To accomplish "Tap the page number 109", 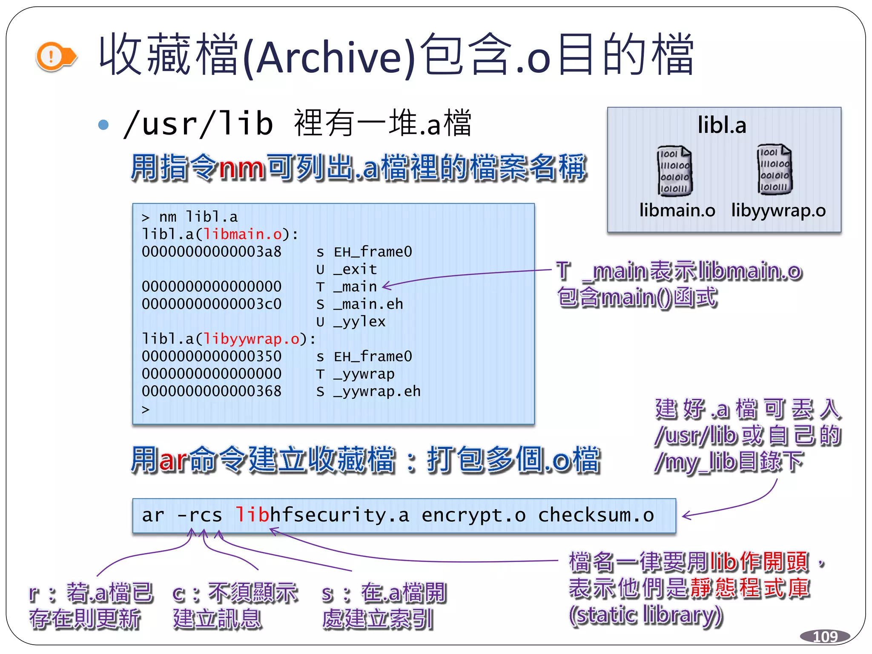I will (825, 637).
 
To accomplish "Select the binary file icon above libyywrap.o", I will (774, 169).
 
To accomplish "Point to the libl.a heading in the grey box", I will (722, 125).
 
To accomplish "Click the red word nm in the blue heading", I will (241, 168).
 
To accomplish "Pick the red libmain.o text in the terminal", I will (243, 234).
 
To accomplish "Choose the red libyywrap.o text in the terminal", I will (252, 339).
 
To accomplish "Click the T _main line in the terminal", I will (347, 287).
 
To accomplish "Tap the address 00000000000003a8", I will (212, 252).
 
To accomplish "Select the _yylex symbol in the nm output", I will (359, 321).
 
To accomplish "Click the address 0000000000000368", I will (212, 391).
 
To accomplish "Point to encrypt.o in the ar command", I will (473, 515).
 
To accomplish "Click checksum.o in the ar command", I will (596, 515).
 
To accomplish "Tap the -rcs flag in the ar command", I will (199, 515).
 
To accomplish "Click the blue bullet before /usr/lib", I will (103, 124).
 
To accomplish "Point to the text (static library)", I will (646, 615).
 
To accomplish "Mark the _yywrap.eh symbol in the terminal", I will (377, 391).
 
